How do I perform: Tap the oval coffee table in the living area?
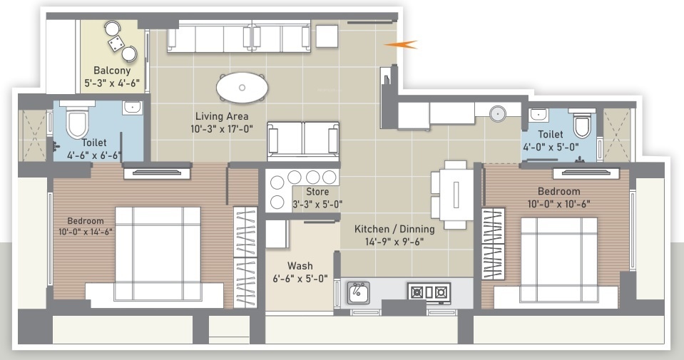pos(243,88)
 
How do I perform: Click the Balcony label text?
pos(112,71)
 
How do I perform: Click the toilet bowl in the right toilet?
pos(582,125)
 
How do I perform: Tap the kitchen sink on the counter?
pos(358,292)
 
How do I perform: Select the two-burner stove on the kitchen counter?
pos(428,292)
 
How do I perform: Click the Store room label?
pos(317,192)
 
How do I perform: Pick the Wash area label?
pos(300,266)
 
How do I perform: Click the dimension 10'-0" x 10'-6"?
pos(559,203)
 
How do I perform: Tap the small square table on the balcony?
pos(115,44)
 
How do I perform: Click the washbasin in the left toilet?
pos(131,108)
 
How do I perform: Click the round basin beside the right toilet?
pos(498,113)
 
